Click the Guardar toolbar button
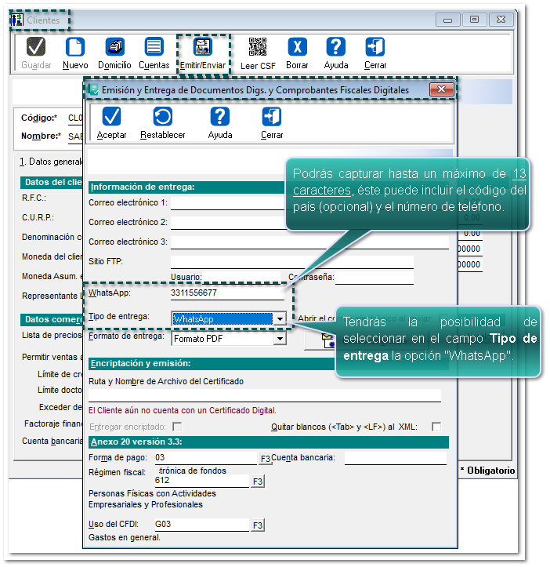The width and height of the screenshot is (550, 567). (x=36, y=53)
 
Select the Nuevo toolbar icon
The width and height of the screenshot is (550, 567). (x=75, y=53)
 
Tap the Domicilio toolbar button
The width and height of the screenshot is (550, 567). (x=114, y=53)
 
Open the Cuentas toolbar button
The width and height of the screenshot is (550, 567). (x=154, y=53)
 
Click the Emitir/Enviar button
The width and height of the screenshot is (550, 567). (x=202, y=53)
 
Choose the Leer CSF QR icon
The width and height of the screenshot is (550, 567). (x=258, y=53)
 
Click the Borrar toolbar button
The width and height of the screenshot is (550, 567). (x=297, y=53)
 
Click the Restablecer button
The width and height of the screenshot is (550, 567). (x=163, y=123)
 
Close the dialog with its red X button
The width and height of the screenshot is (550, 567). (x=442, y=90)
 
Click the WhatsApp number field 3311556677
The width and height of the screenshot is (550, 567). (x=226, y=293)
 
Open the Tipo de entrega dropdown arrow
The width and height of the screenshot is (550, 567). (x=280, y=319)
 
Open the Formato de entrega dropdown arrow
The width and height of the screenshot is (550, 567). (x=280, y=339)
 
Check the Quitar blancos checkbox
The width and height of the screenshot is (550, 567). (x=436, y=427)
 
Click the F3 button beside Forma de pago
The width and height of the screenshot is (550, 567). (x=266, y=458)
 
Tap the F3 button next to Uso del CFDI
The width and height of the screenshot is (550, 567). (x=258, y=525)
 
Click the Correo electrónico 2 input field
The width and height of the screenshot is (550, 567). (x=227, y=223)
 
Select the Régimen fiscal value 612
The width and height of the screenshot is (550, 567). (x=201, y=481)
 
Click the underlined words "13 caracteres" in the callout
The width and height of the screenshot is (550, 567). (x=409, y=182)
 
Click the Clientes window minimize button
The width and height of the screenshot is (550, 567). (x=448, y=20)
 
